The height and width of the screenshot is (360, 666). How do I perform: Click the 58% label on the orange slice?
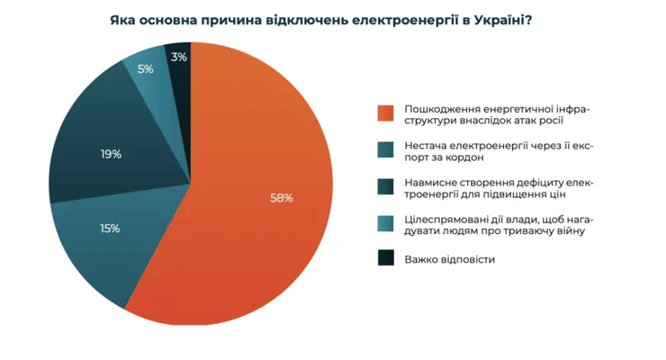coord(282,198)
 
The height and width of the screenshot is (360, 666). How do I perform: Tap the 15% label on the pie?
coord(111,229)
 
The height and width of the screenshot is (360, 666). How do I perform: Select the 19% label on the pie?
coord(112,154)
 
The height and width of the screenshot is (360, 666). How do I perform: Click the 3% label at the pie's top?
coord(179,57)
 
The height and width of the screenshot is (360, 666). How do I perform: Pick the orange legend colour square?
coord(386,112)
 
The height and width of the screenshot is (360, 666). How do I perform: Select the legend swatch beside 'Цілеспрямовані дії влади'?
coord(386,224)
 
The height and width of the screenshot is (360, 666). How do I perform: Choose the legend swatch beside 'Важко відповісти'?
coord(386,259)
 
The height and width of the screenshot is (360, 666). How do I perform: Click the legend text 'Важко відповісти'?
coord(450,259)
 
